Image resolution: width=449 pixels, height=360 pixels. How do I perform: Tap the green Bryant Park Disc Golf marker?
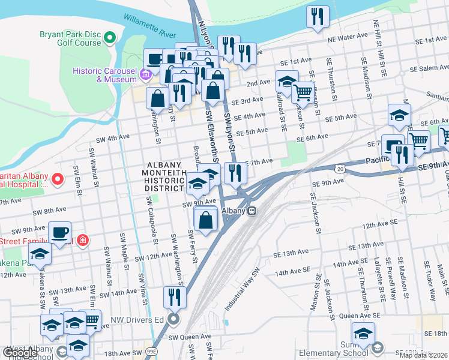(109, 38)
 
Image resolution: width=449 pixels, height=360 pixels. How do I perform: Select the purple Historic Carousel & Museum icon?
(145, 75)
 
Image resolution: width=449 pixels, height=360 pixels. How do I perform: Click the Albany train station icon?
(253, 211)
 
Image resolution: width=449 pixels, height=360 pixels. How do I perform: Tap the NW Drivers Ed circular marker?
(173, 319)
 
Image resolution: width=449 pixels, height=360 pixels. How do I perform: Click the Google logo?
(20, 353)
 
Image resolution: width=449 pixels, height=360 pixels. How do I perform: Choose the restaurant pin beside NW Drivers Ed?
(175, 296)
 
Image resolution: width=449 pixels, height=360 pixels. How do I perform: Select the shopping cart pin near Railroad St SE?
(304, 92)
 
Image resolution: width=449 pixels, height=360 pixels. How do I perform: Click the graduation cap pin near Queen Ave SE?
(363, 333)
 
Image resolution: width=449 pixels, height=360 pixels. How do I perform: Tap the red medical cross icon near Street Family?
(83, 241)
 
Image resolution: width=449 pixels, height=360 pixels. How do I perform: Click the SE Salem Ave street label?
(427, 68)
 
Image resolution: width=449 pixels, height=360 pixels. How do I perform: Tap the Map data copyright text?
(423, 355)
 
